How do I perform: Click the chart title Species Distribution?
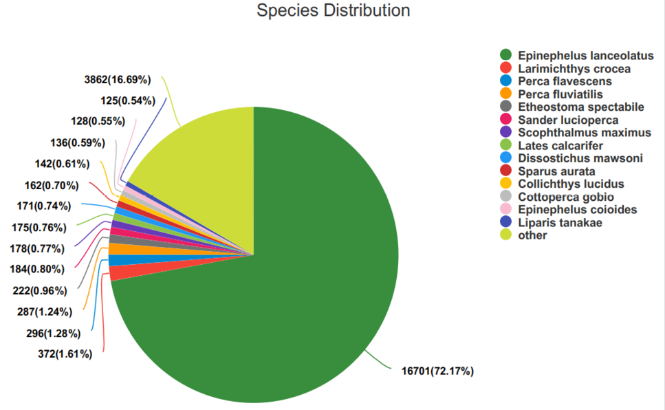coord(334,10)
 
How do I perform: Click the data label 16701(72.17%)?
coord(437,371)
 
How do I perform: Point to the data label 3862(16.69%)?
coord(118,80)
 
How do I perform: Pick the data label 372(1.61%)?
coord(65,354)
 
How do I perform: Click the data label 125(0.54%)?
coord(128,100)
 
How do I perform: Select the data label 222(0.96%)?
coord(40,291)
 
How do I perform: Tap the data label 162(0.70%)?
coord(52,186)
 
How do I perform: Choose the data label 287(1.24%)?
coord(45,312)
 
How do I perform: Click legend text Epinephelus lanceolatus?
coord(586,56)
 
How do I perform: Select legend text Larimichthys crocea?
coord(574,69)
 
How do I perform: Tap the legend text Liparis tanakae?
coord(560,222)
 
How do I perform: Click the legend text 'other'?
coord(532,235)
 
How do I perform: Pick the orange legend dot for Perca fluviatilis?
coord(506,94)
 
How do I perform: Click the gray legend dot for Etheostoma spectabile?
coord(506,106)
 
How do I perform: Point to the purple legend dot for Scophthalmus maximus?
coord(506,132)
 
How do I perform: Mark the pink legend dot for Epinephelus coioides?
coord(506,209)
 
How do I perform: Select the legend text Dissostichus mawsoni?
coord(580,158)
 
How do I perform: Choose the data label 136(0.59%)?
coord(78,143)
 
